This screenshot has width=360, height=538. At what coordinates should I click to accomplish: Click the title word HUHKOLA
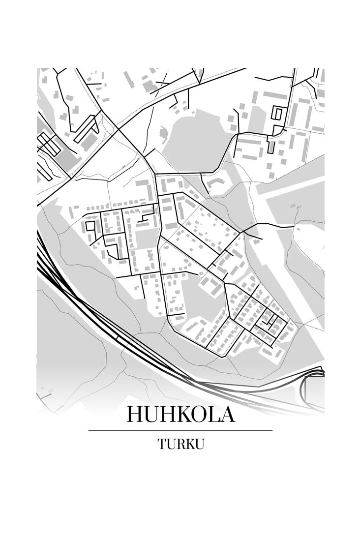(x=180, y=414)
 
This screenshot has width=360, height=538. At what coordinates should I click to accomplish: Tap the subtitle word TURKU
(x=180, y=444)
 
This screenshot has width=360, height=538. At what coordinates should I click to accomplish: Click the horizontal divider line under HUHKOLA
(x=180, y=430)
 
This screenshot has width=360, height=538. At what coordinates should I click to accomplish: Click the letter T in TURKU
(x=162, y=444)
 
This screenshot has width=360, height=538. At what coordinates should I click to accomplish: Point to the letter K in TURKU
(x=189, y=444)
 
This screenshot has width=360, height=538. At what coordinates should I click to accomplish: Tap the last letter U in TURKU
(x=199, y=444)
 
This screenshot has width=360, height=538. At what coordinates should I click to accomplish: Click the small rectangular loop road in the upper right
(x=277, y=114)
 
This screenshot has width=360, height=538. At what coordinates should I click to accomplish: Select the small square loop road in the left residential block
(x=90, y=227)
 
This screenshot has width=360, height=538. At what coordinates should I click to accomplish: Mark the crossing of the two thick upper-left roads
(x=118, y=129)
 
